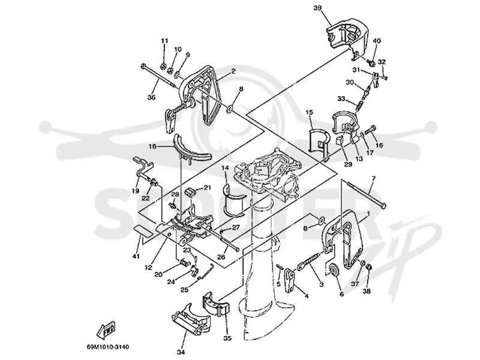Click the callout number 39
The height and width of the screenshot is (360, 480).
click(x=317, y=8)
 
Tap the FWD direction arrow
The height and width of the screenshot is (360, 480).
click(x=106, y=330)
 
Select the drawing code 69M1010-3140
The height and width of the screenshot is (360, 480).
click(x=107, y=347)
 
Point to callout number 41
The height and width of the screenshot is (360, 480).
click(x=136, y=256)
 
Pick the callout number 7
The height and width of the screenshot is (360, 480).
click(x=373, y=178)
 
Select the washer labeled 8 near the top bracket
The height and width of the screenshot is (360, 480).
click(x=230, y=109)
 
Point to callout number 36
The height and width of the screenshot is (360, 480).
click(x=152, y=97)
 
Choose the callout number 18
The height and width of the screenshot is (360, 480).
click(x=152, y=146)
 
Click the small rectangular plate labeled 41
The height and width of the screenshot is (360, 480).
click(x=143, y=230)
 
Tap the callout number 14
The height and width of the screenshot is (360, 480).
click(x=225, y=168)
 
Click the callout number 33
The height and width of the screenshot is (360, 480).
click(x=341, y=98)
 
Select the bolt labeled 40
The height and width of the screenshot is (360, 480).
click(x=371, y=63)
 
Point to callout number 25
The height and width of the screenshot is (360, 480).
click(x=184, y=290)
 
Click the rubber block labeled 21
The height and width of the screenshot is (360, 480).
click(x=191, y=193)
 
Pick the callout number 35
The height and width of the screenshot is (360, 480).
click(x=227, y=338)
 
